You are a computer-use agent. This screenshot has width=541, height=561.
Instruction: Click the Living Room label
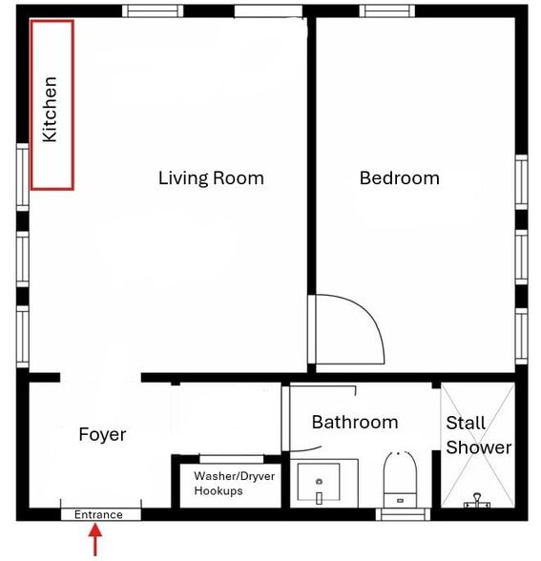pyautogui.click(x=211, y=178)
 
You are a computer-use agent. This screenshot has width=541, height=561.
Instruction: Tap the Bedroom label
pyautogui.click(x=399, y=177)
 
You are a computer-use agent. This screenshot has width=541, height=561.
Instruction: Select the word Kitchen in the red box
pyautogui.click(x=50, y=110)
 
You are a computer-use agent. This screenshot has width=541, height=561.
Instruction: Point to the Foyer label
pyautogui.click(x=102, y=435)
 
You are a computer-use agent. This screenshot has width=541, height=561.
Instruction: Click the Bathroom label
pyautogui.click(x=355, y=422)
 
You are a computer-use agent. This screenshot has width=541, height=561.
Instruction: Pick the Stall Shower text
pyautogui.click(x=479, y=435)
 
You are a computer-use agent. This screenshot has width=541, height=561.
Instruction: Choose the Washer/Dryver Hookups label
pyautogui.click(x=235, y=484)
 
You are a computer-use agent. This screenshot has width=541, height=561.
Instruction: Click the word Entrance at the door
pyautogui.click(x=98, y=514)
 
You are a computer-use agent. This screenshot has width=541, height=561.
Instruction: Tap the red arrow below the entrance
pyautogui.click(x=95, y=540)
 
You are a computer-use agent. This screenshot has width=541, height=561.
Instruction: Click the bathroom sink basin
pyautogui.click(x=319, y=482)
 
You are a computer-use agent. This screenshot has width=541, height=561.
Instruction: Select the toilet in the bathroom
pyautogui.click(x=400, y=479)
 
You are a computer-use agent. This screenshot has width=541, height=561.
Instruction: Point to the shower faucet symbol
pyautogui.click(x=477, y=501)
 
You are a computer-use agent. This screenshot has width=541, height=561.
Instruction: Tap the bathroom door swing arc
pyautogui.click(x=306, y=449)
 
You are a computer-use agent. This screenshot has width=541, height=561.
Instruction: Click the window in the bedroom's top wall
pyautogui.click(x=387, y=11)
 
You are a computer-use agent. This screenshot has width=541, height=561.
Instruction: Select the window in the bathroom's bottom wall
pyautogui.click(x=403, y=514)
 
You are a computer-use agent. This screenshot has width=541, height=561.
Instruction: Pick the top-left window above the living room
pyautogui.click(x=153, y=11)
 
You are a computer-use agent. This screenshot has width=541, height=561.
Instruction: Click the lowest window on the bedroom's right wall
pyautogui.click(x=521, y=336)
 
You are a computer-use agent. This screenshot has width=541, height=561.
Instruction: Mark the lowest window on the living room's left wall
pyautogui.click(x=23, y=336)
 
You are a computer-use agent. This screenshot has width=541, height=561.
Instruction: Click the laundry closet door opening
pyautogui.click(x=232, y=459)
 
